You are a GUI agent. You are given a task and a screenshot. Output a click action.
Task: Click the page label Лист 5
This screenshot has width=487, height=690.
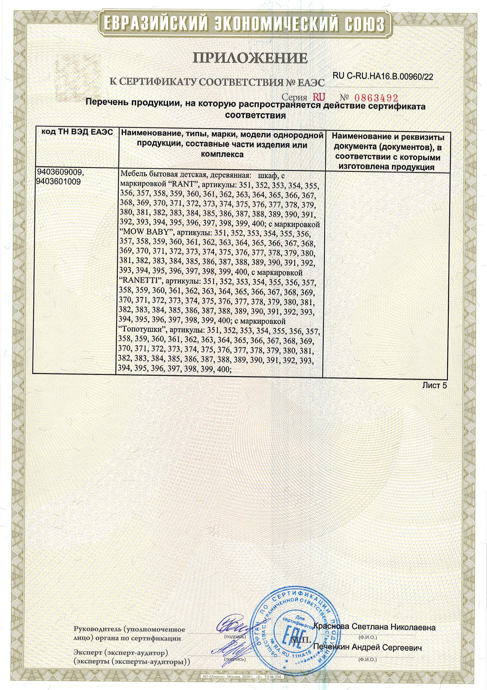(x=435, y=386)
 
